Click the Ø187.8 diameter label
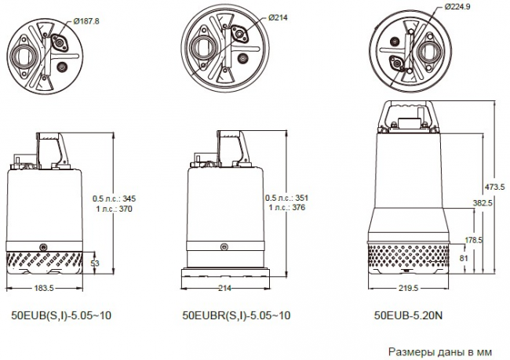pyautogui.click(x=86, y=21)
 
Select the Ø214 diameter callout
pyautogui.click(x=278, y=18)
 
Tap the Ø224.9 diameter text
pyautogui.click(x=457, y=6)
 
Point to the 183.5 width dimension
pyautogui.click(x=44, y=288)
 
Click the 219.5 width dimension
pyautogui.click(x=408, y=288)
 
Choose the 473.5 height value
pyautogui.click(x=494, y=187)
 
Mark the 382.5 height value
pyautogui.click(x=483, y=203)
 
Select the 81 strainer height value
pyautogui.click(x=464, y=258)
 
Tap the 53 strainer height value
pyautogui.click(x=95, y=263)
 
